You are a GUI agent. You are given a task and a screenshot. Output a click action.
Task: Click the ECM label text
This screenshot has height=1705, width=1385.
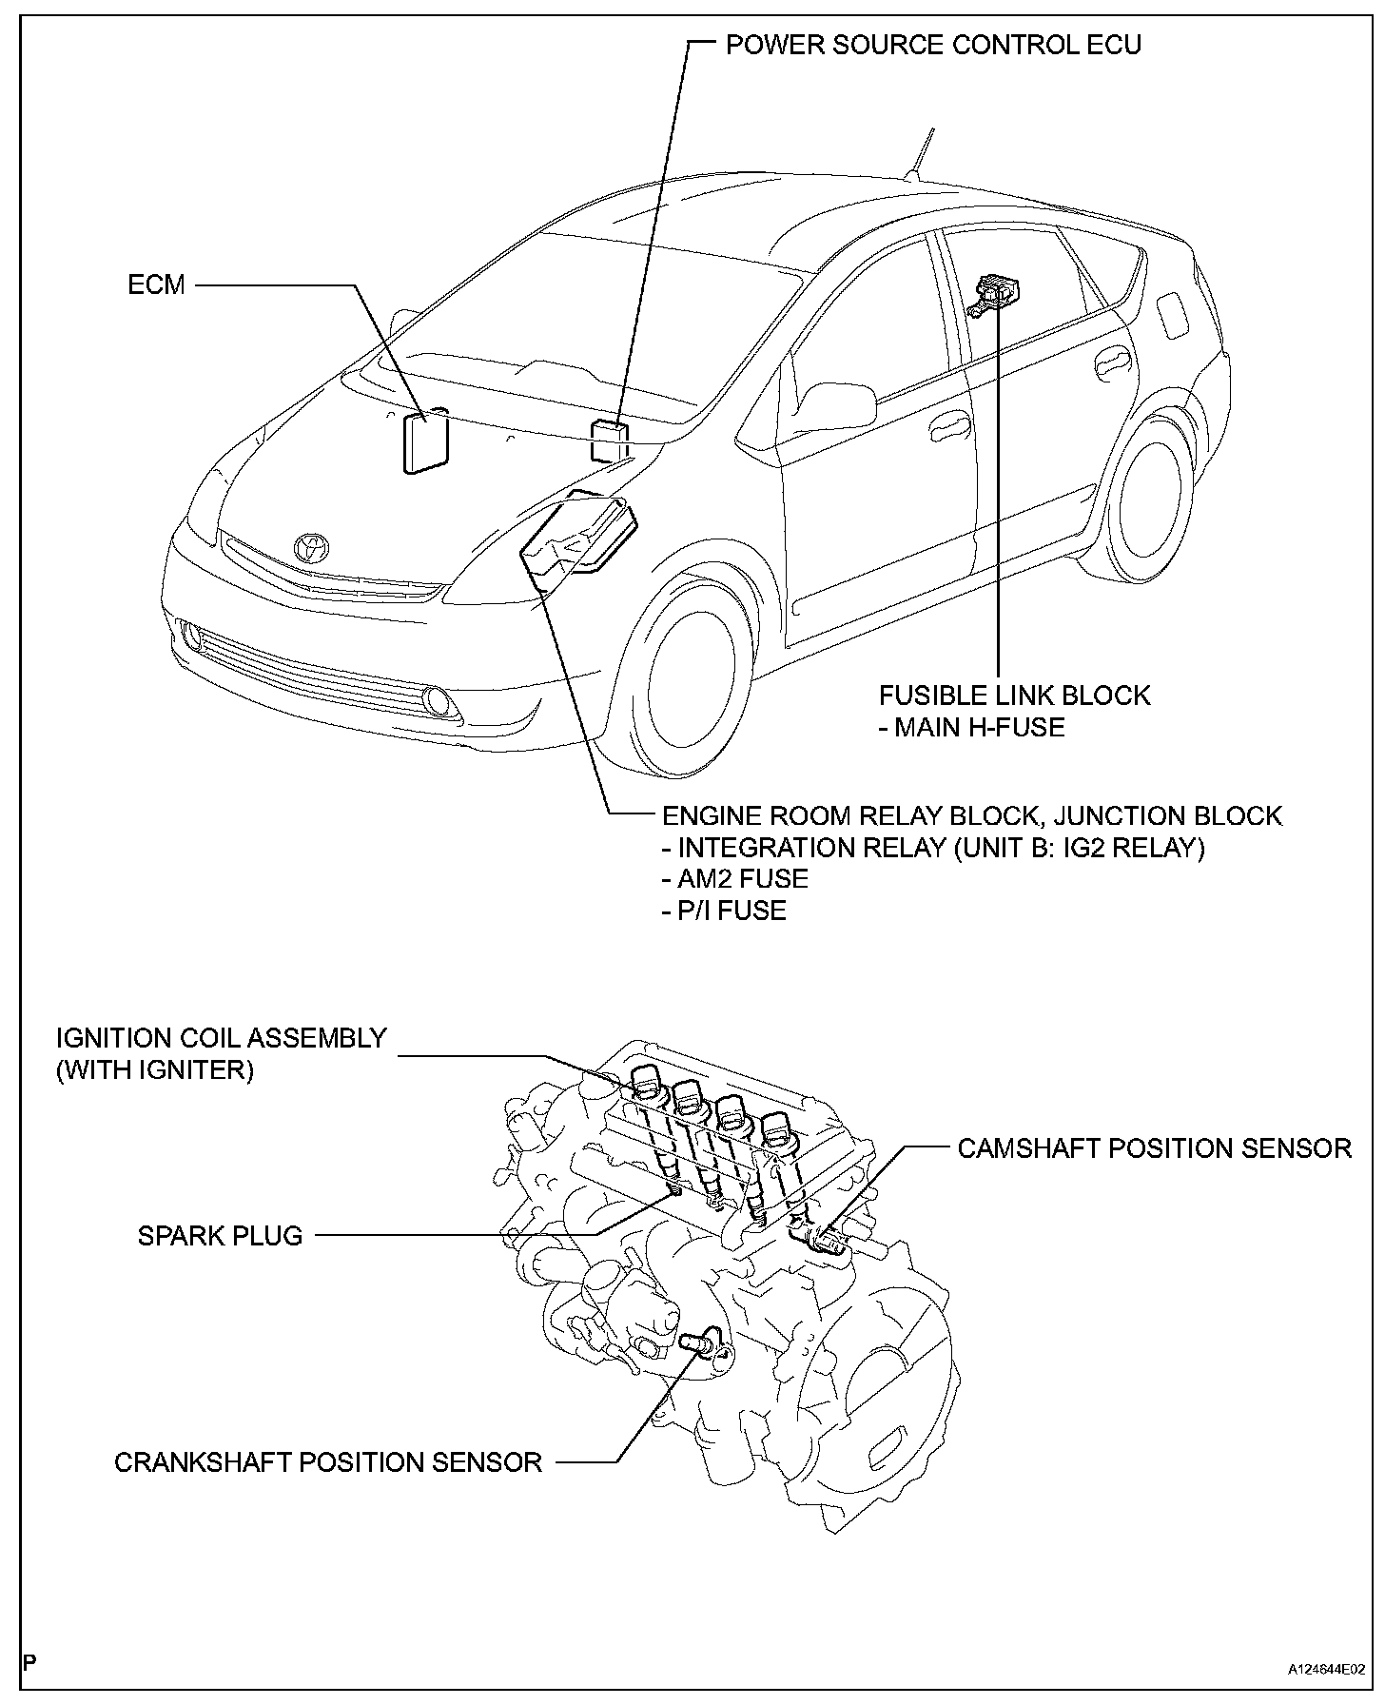tap(157, 284)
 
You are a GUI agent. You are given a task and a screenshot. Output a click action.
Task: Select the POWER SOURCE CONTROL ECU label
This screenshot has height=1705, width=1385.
tap(933, 45)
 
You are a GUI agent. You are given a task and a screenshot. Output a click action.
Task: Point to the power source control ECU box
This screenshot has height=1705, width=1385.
tap(610, 440)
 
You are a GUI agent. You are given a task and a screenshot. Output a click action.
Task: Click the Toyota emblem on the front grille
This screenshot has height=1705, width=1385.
tap(311, 547)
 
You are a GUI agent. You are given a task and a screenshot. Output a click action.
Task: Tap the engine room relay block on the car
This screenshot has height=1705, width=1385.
tap(580, 534)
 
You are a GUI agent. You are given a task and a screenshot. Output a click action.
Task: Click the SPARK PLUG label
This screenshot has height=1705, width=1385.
tap(220, 1236)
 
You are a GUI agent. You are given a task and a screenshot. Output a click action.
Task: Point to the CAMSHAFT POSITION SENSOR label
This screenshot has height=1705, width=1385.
tap(1154, 1148)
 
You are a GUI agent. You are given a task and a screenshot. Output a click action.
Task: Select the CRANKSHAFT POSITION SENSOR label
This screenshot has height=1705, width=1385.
tap(328, 1461)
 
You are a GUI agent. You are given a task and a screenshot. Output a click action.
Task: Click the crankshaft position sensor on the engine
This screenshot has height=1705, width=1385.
tap(699, 1344)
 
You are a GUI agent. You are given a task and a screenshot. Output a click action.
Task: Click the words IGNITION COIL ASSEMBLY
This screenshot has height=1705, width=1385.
tap(222, 1037)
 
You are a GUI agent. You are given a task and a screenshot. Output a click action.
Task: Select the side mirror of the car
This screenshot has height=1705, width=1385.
tap(840, 405)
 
